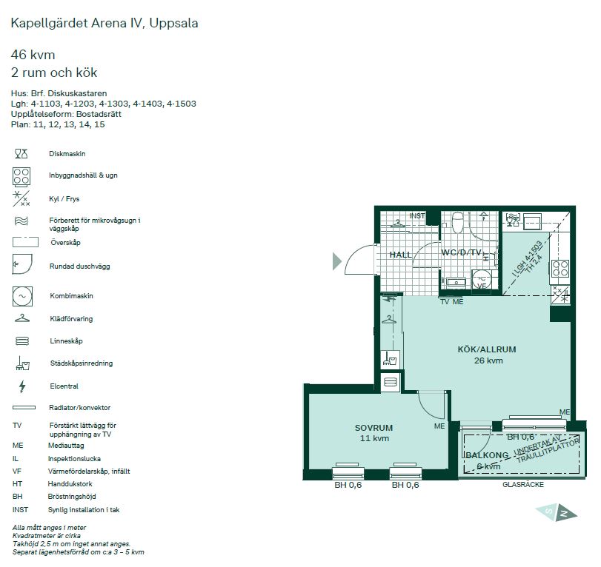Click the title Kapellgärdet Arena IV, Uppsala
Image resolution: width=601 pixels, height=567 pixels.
104,23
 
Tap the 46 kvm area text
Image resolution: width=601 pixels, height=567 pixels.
33,55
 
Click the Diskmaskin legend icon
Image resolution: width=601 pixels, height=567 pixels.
21,153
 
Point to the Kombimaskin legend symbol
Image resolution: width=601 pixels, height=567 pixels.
21,295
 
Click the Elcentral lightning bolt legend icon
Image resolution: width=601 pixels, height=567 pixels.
21,386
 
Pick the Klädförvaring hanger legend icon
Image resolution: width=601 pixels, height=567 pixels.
21,318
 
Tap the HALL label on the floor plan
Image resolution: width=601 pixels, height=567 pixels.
400,255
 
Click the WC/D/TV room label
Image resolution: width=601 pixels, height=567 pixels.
462,253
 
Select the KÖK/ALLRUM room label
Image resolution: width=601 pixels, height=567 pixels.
486,349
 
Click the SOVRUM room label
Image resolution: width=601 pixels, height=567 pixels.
373,428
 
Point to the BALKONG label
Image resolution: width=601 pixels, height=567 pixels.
487,455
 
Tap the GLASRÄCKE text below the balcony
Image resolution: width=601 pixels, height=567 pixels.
523,485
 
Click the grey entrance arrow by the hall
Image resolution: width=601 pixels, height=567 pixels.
337,260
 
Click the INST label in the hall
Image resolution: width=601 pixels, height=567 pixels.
417,216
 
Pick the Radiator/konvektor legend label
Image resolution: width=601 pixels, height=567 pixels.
79,408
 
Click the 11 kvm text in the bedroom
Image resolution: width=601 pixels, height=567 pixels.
373,439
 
